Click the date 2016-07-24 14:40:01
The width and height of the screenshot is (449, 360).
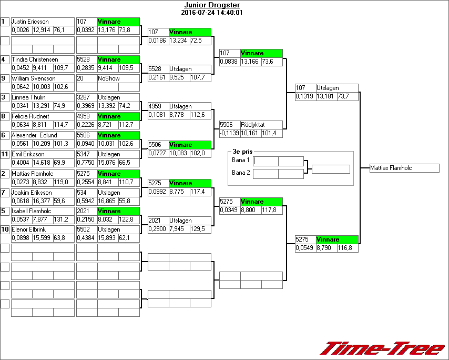(211, 12)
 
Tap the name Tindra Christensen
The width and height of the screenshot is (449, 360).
(35, 59)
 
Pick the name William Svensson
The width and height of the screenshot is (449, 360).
(33, 78)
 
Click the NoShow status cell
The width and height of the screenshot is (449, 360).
(109, 78)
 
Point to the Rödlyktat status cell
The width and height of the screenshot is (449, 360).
(253, 125)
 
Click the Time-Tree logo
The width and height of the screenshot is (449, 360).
(382, 348)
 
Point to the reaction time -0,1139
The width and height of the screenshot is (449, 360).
(229, 133)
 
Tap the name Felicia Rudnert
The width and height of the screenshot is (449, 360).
(33, 116)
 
